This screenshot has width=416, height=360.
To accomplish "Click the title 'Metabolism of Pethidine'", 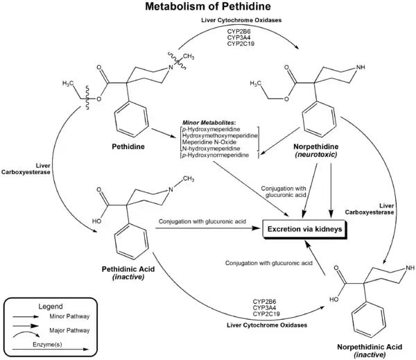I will [208, 8].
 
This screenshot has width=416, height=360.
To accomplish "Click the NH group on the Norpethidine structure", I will [359, 68].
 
